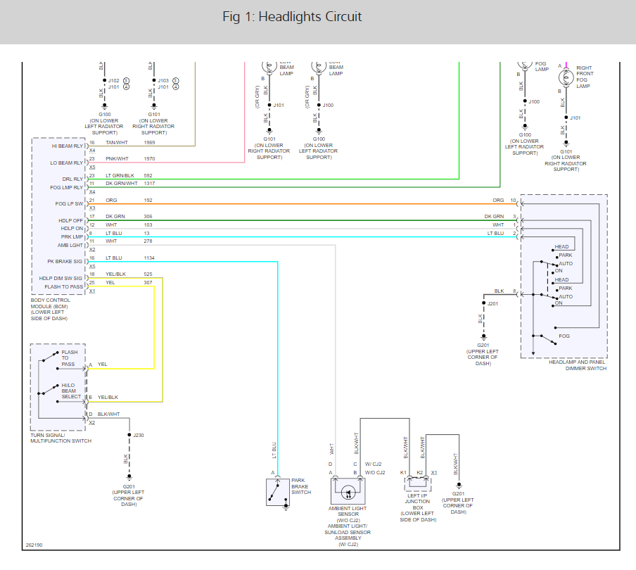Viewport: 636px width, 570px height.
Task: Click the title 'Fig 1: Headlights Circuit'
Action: tap(292, 17)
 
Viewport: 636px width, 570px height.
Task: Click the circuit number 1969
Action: tap(149, 143)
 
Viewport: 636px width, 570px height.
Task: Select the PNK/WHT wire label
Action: tap(117, 159)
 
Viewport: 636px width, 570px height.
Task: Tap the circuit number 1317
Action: tap(149, 184)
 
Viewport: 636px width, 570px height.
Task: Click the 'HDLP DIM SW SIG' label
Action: tap(61, 279)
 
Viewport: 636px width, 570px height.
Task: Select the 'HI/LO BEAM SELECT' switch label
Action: tap(71, 391)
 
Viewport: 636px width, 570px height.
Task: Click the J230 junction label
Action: tap(139, 436)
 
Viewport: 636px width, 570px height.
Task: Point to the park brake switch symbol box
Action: tap(277, 492)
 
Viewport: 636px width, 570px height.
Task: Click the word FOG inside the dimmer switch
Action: tap(564, 336)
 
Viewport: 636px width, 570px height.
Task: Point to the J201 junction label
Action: tap(492, 304)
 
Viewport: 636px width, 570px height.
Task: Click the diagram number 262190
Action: tap(34, 545)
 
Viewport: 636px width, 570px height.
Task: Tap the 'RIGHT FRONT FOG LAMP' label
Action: tap(585, 74)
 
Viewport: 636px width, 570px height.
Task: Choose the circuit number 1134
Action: tap(149, 258)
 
